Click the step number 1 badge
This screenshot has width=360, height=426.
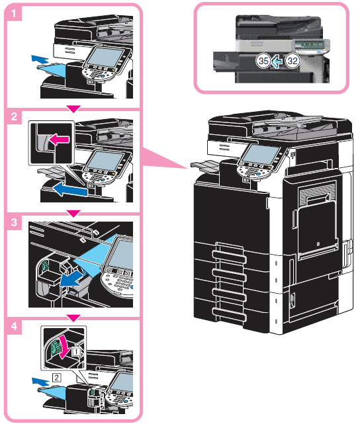coord(14,13)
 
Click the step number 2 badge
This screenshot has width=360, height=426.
coord(14,117)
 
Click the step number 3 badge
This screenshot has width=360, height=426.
coord(14,222)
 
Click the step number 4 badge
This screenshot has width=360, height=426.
coord(14,326)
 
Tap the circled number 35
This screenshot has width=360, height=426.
coord(263,61)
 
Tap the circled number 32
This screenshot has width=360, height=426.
coord(292,61)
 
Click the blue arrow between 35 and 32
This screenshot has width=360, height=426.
coord(277,61)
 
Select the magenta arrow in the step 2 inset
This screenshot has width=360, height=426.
coord(59,140)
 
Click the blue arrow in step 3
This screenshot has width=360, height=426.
coord(71,278)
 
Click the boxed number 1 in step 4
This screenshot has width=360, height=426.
coord(76,351)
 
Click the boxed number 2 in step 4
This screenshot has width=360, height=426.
coord(56,377)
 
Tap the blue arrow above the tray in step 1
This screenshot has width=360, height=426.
coord(40,59)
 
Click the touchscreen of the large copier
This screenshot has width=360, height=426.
coord(260,154)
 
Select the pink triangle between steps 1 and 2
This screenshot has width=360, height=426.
coord(73,109)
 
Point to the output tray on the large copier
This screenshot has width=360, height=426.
coord(205,166)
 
